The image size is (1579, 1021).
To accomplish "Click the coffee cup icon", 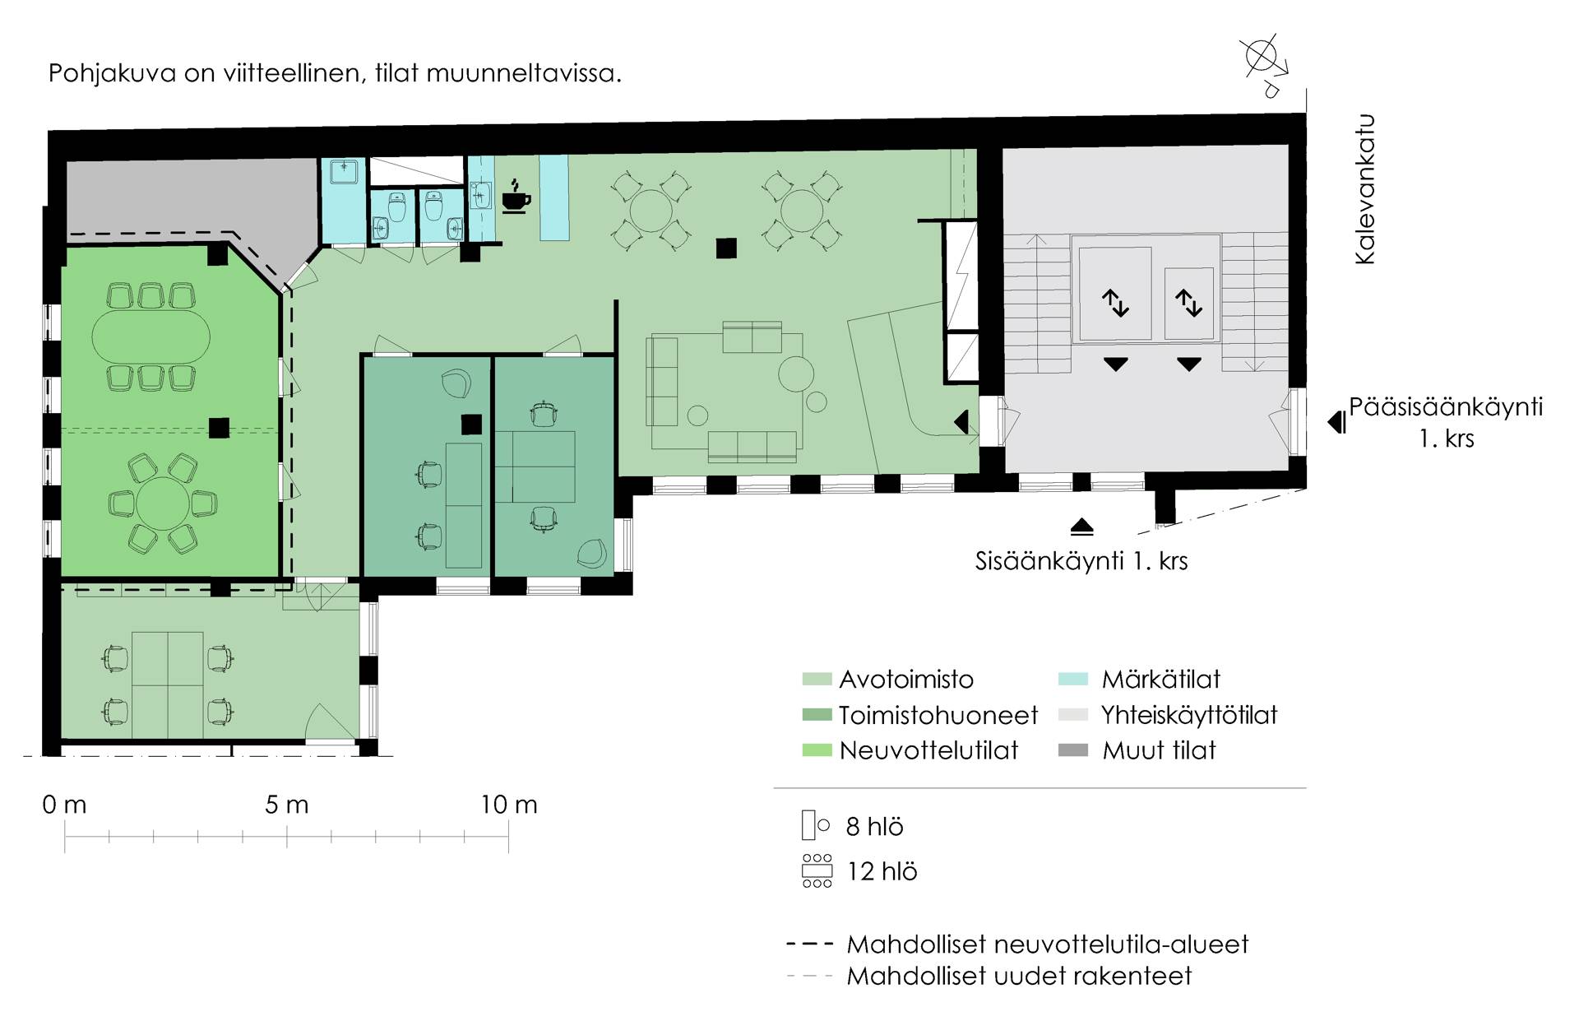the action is [x=516, y=197].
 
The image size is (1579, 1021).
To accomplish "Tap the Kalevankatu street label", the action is [x=1365, y=189].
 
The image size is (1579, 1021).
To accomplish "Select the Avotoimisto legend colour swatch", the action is [x=817, y=680].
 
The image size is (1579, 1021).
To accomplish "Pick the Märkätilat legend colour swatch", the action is [x=1073, y=680].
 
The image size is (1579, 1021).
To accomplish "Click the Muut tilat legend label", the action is [x=1159, y=750].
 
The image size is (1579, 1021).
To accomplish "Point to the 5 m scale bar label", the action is [x=287, y=805].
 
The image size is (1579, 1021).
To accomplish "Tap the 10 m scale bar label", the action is [x=509, y=805].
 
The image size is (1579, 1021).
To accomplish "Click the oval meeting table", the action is [x=150, y=336].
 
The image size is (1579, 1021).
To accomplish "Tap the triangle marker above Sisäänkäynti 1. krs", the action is [x=1082, y=527].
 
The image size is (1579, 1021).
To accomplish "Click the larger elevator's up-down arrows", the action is [x=1115, y=303].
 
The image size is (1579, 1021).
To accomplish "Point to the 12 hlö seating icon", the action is [x=817, y=871].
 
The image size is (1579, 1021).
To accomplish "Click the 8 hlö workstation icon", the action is [x=815, y=825].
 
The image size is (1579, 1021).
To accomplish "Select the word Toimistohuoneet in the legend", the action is [x=938, y=715].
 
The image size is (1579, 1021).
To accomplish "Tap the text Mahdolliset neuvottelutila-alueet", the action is [x=1048, y=944].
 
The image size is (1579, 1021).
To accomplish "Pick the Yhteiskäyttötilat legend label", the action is [x=1189, y=715].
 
